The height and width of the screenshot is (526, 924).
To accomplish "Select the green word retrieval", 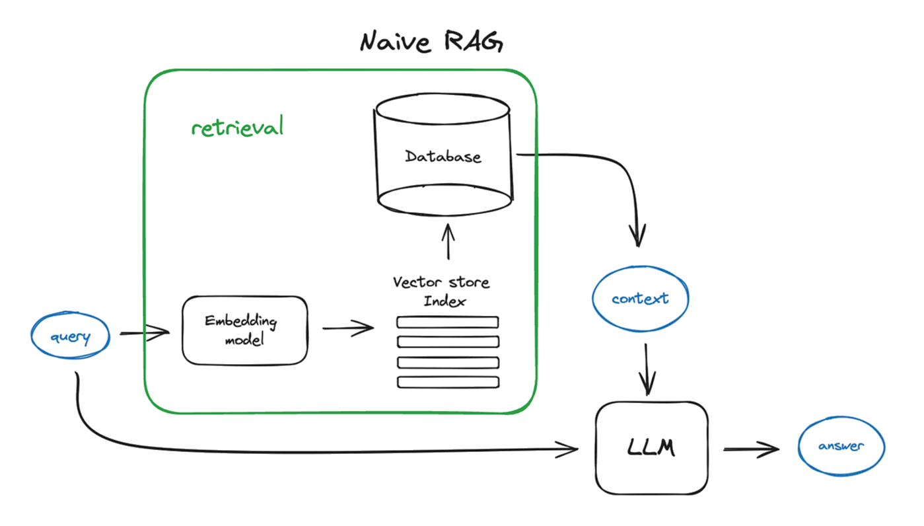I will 237,127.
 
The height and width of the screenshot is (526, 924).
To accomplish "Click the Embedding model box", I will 244,330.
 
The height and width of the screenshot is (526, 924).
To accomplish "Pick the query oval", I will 70,337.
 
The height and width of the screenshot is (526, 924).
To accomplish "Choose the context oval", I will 639,299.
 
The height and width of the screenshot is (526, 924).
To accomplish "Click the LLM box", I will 651,449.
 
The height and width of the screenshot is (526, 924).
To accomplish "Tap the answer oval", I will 841,446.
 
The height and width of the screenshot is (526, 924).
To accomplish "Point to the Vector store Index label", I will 442,290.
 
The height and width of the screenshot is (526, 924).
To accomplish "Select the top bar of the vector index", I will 447,322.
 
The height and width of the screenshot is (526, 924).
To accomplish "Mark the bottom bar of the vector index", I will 447,382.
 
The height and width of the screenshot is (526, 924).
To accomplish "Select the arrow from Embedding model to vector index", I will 347,328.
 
